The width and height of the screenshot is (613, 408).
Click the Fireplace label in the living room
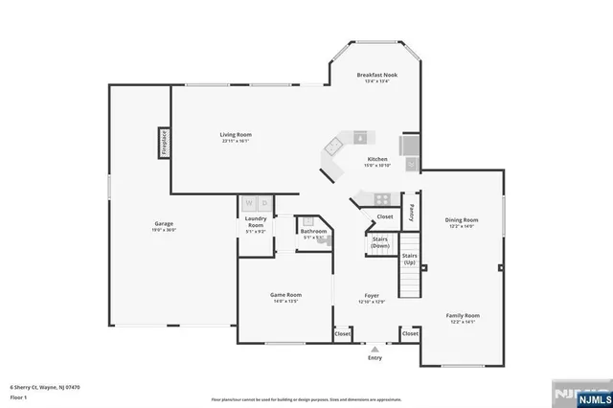point(164,143)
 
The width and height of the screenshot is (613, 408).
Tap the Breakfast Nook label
point(377,75)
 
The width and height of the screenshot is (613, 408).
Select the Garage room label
point(163,225)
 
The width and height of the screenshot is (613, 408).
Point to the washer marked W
point(248,203)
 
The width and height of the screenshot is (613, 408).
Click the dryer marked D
point(264,203)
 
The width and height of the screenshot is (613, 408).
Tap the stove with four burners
point(382,199)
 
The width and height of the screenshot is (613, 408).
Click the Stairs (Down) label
point(379,242)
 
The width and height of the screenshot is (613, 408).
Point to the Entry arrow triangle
point(375,350)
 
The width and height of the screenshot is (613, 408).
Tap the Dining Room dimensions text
point(461,227)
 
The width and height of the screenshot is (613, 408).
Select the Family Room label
point(461,315)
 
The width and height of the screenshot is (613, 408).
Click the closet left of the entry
point(342,334)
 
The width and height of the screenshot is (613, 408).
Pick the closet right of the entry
point(409,334)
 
